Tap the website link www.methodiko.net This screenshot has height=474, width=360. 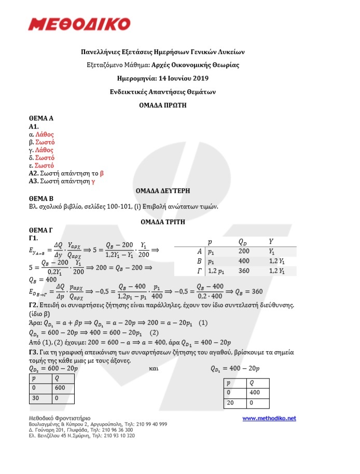point(269,418)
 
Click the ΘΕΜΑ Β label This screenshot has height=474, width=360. point(42,198)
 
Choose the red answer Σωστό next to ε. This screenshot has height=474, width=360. point(45,165)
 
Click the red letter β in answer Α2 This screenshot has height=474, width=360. point(102,173)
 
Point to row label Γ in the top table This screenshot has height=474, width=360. point(199,271)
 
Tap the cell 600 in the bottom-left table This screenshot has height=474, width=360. point(60,387)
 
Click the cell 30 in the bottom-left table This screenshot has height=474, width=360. point(34,397)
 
